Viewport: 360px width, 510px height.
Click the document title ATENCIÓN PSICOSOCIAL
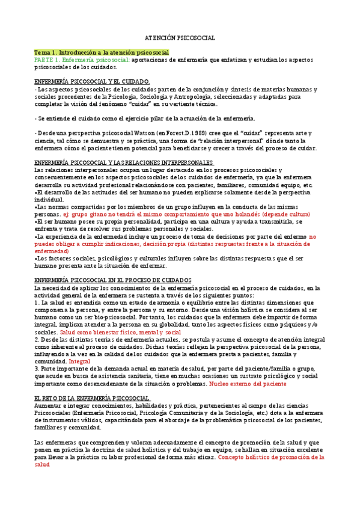coord(180,38)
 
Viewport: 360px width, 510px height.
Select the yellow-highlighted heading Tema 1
coord(102,53)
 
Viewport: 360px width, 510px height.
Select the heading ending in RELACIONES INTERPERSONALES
coord(124,163)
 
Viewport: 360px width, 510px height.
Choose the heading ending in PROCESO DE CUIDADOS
coord(113,280)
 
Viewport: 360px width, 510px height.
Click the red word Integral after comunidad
coord(79,361)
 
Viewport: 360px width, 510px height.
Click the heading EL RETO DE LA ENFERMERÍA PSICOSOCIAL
coord(93,398)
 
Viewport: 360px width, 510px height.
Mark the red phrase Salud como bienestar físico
coord(98,332)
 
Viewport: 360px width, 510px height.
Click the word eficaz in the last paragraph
coord(203,457)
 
